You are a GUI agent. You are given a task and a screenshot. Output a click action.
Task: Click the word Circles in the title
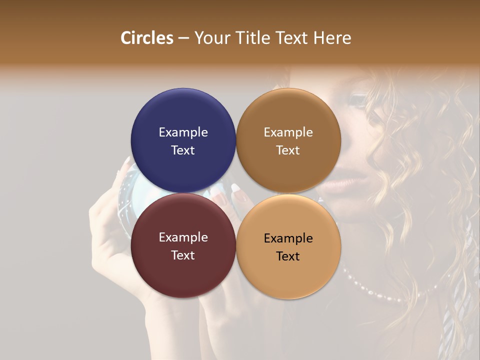click(146, 38)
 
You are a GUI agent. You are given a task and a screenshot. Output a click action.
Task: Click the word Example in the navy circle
click(183, 132)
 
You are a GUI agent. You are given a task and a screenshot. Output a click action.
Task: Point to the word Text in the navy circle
click(183, 150)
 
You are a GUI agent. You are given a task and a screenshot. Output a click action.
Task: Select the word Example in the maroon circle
click(183, 237)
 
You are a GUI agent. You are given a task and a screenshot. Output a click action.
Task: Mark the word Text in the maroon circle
click(183, 255)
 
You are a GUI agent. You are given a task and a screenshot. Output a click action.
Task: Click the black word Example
click(288, 238)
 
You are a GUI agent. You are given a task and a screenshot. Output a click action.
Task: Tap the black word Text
click(288, 256)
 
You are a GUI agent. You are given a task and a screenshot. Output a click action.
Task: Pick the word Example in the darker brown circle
click(288, 132)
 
